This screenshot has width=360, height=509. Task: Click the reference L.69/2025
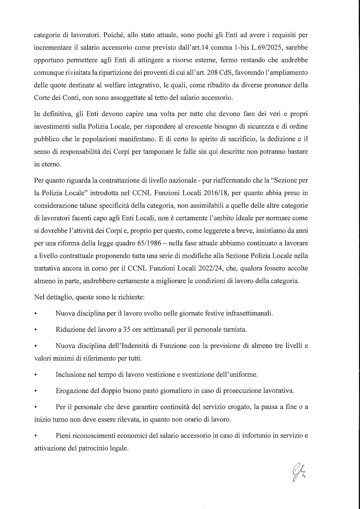coord(291,47)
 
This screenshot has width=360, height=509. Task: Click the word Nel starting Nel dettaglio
coord(39,297)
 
